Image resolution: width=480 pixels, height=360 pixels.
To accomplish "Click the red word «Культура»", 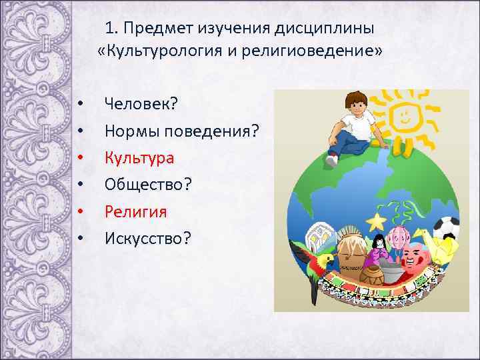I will point(139,158).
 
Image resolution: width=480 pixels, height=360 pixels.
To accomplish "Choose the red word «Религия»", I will point(135,211).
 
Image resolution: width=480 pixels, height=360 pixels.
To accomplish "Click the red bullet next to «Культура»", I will point(79,159).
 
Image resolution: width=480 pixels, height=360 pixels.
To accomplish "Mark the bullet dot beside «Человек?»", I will point(79,105).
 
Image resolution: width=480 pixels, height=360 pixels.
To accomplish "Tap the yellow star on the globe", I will point(377,221).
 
